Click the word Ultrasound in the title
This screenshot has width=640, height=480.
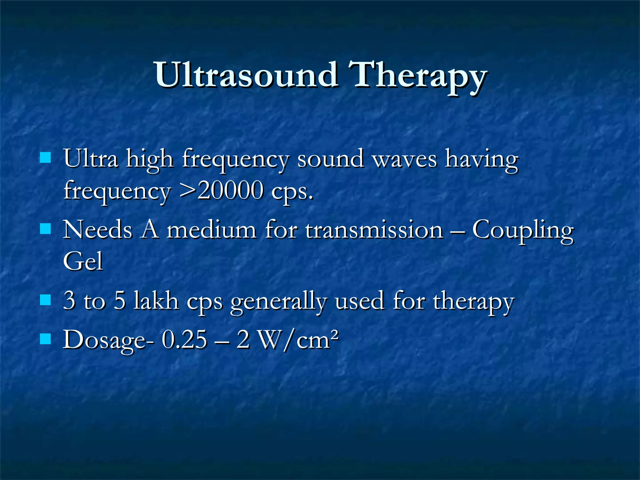pos(246,75)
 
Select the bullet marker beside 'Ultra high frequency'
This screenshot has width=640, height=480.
pos(46,158)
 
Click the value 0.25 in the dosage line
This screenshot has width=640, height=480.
pos(184,340)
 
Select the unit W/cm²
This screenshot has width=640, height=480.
pos(299,340)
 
